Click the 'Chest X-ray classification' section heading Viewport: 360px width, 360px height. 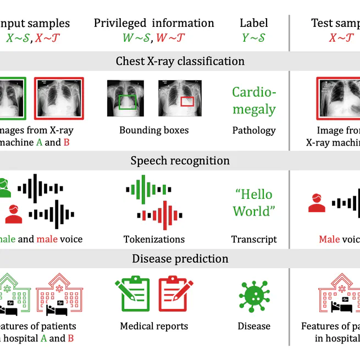tap(180, 61)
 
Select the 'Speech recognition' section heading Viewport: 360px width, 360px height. tap(180, 160)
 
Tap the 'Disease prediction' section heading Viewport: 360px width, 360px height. tap(180, 259)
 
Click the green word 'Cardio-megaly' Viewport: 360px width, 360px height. tap(253, 101)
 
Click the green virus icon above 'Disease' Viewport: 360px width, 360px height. tap(254, 296)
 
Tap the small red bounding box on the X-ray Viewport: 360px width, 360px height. tap(187, 101)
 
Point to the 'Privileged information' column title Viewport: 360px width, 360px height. tap(154, 23)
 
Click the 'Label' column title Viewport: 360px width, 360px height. tap(254, 23)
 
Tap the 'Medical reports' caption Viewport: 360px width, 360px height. tap(154, 326)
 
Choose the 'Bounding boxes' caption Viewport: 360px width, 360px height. tap(154, 130)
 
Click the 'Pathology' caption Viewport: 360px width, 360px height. tap(253, 130)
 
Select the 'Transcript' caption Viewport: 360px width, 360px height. tap(254, 239)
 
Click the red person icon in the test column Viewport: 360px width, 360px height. tap(317, 203)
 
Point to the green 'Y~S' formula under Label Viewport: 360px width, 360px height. tap(254, 38)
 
